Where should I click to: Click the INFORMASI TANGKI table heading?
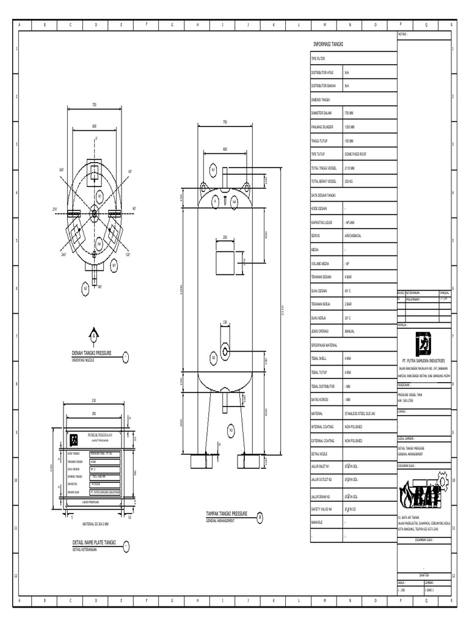pos(329,45)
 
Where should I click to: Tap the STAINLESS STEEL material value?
pos(360,414)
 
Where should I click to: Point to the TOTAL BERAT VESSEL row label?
pos(324,182)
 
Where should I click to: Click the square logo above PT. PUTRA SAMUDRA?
pos(423,343)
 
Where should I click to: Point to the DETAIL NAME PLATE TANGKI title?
pos(94,543)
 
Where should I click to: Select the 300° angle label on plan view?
pos(61,170)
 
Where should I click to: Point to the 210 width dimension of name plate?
pos(94,400)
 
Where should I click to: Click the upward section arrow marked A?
pos(94,334)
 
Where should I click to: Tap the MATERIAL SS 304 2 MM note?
pos(94,523)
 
